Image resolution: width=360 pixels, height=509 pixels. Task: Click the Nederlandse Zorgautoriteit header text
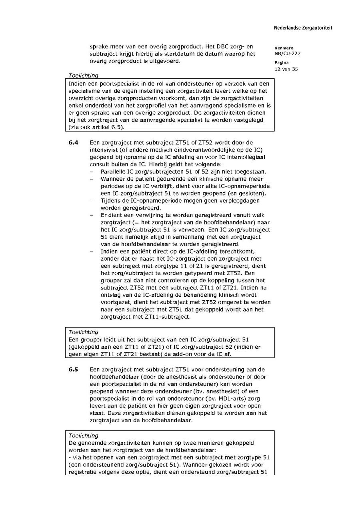pyautogui.click(x=303, y=28)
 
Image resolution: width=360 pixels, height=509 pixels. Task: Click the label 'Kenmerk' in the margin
pyautogui.click(x=284, y=48)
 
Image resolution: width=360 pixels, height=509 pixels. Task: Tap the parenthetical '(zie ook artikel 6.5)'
pyautogui.click(x=96, y=128)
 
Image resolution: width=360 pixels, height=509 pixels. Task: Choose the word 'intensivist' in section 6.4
pyautogui.click(x=105, y=150)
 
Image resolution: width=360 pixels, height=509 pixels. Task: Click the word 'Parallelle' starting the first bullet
pyautogui.click(x=114, y=172)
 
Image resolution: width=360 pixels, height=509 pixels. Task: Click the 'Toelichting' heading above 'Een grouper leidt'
pyautogui.click(x=83, y=332)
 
